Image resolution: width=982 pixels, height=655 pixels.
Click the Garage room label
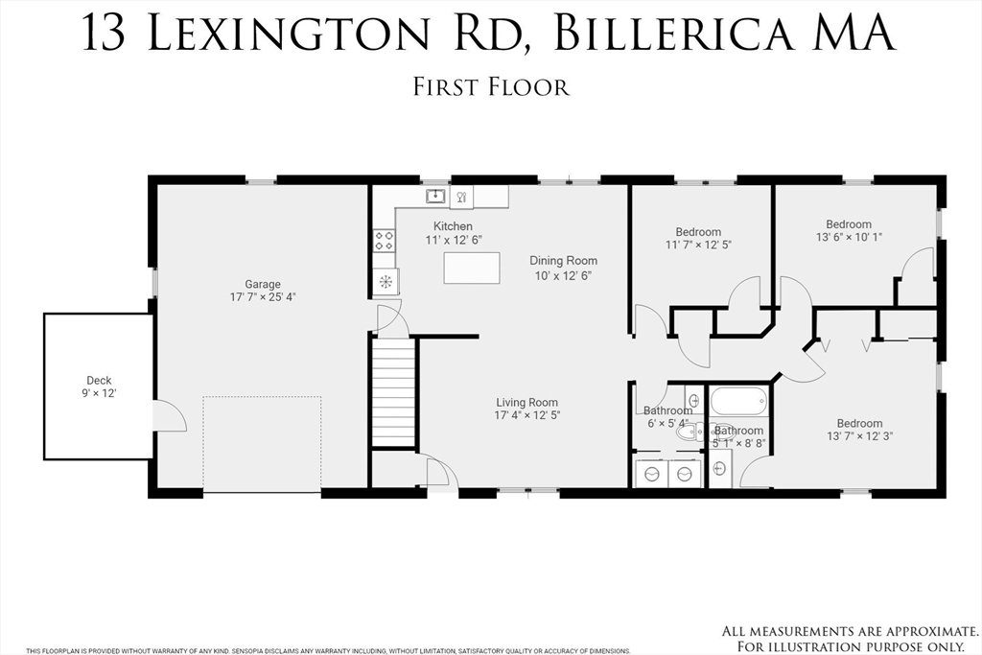pyautogui.click(x=262, y=284)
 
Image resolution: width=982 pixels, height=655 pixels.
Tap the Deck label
pyautogui.click(x=99, y=381)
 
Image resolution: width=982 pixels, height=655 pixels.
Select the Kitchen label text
pyautogui.click(x=453, y=226)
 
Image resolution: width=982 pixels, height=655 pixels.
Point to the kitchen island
pyautogui.click(x=472, y=268)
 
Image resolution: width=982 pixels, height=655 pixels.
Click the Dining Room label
pyautogui.click(x=564, y=261)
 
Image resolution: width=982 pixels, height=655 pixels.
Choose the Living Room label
pyautogui.click(x=526, y=403)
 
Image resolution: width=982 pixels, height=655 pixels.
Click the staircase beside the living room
pyautogui.click(x=393, y=392)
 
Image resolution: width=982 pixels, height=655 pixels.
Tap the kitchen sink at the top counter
pyautogui.click(x=436, y=197)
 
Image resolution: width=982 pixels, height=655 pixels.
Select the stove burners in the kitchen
pyautogui.click(x=385, y=241)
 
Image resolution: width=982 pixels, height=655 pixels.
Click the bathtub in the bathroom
pyautogui.click(x=738, y=401)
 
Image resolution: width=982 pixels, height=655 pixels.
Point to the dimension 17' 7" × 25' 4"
pyautogui.click(x=262, y=297)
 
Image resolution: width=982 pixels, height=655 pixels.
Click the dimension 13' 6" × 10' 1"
pyautogui.click(x=849, y=238)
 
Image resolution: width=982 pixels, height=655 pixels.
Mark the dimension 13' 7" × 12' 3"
pyautogui.click(x=859, y=437)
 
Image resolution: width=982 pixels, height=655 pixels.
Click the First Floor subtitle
pyautogui.click(x=491, y=87)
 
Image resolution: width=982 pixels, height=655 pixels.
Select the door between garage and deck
pyautogui.click(x=169, y=416)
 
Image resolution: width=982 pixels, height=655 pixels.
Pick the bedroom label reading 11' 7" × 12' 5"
pyautogui.click(x=698, y=246)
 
